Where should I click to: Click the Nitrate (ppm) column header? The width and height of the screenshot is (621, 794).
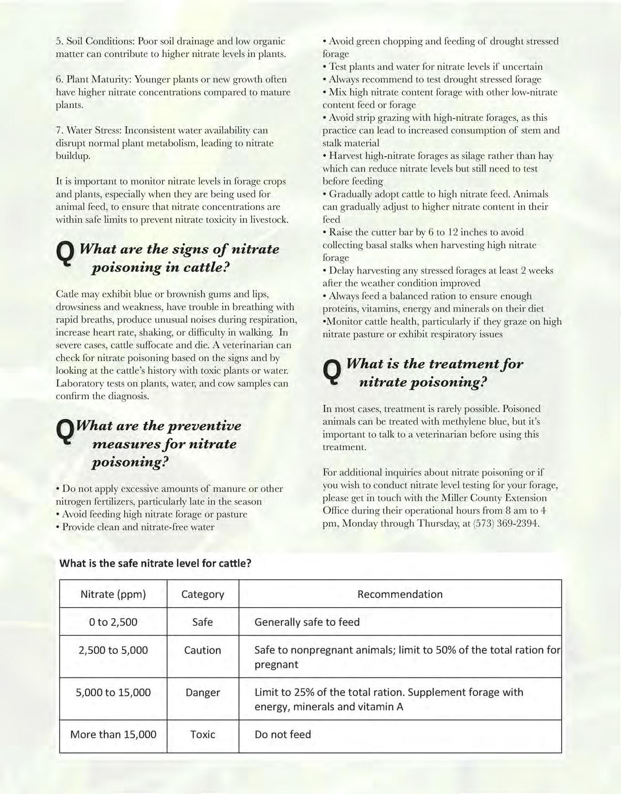[x=113, y=594]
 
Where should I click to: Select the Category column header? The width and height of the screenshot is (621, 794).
[x=202, y=594]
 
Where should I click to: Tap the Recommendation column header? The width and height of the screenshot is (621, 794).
[x=400, y=594]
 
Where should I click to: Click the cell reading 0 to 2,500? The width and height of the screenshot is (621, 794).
[x=113, y=622]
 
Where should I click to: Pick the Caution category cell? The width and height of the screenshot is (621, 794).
[x=202, y=650]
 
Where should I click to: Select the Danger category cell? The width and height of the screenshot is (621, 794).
[x=202, y=693]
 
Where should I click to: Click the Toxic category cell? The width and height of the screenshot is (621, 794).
[x=202, y=734]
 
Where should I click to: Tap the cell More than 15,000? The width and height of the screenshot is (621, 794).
[x=113, y=734]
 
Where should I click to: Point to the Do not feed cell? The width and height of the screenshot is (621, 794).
[x=283, y=734]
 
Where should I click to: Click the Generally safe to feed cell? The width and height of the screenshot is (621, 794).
[x=307, y=622]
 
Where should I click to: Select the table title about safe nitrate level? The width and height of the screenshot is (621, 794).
[x=155, y=563]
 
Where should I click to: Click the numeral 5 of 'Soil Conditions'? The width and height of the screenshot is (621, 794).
[x=58, y=41]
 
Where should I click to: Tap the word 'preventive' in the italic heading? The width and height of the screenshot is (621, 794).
[x=204, y=426]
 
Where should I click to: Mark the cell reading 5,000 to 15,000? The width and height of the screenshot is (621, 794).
[x=113, y=693]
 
